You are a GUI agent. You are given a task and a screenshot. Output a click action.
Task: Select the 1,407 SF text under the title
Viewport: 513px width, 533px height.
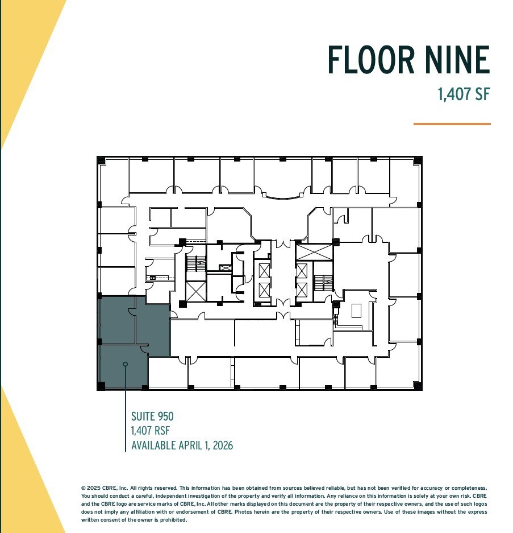tap(464, 94)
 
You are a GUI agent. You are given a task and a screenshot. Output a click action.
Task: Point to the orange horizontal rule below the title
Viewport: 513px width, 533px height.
tap(452, 123)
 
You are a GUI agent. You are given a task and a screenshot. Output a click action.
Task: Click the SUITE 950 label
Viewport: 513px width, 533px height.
tap(152, 417)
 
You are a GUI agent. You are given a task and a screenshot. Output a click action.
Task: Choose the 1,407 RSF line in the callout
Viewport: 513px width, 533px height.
tap(151, 431)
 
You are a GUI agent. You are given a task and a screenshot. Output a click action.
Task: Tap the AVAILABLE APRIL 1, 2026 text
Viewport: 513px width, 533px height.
tap(182, 445)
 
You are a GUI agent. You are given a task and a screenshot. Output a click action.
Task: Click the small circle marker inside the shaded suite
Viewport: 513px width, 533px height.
tap(126, 364)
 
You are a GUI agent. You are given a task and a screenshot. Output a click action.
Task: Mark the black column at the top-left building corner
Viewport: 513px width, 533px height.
tap(101, 160)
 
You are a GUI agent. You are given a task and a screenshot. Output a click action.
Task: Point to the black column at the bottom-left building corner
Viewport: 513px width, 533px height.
tap(101, 386)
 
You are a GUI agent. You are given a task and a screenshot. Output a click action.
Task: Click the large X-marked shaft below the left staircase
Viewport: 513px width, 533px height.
tap(195, 291)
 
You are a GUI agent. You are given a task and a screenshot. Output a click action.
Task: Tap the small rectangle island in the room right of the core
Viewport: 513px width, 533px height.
tap(357, 311)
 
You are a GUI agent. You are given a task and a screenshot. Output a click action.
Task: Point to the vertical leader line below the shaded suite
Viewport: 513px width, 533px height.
tap(126, 421)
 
